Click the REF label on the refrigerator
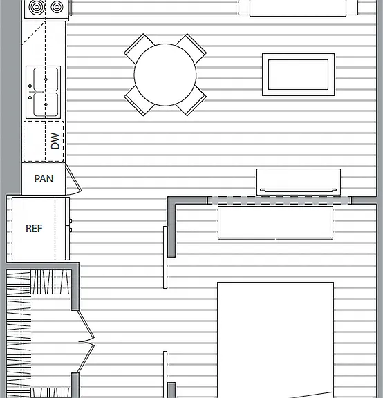tap(34, 229)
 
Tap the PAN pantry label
tap(44, 179)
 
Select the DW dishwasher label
tap(55, 141)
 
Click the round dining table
tap(165, 75)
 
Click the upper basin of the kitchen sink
tap(46, 79)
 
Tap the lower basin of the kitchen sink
tap(46, 104)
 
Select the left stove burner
tap(37, 7)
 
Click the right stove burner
tap(57, 7)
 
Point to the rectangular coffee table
tap(298, 75)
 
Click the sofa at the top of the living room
tap(298, 8)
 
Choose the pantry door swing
tap(74, 180)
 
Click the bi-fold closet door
tap(86, 341)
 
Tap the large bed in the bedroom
tap(275, 340)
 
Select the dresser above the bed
tap(276, 222)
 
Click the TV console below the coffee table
tap(299, 182)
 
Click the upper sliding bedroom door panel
tap(165, 257)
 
